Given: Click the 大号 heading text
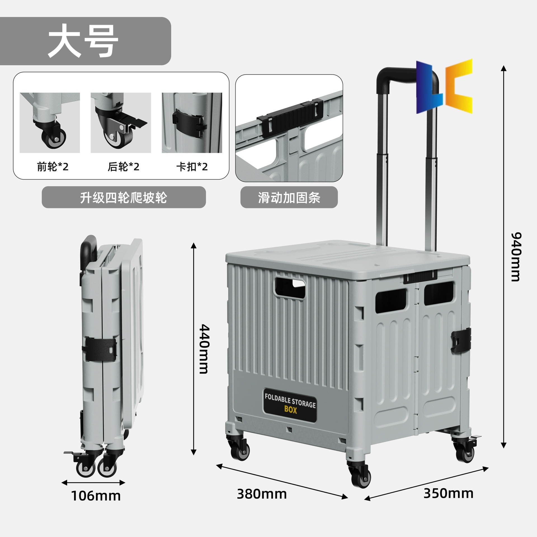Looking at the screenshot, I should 83,41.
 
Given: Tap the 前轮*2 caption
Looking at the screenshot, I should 53,167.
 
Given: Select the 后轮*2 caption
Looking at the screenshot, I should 123,167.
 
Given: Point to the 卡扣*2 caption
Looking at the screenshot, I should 192,167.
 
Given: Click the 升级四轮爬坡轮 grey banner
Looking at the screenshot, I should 124,197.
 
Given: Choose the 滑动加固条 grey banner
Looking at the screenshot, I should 289,197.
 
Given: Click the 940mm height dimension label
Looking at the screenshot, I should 516,256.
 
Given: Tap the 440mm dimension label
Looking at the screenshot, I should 204,349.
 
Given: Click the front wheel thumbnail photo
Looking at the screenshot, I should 50,123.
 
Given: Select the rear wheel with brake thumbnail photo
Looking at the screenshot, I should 121,123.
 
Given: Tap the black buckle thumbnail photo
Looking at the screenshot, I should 192,123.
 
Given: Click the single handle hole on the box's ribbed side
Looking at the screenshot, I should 289,288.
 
